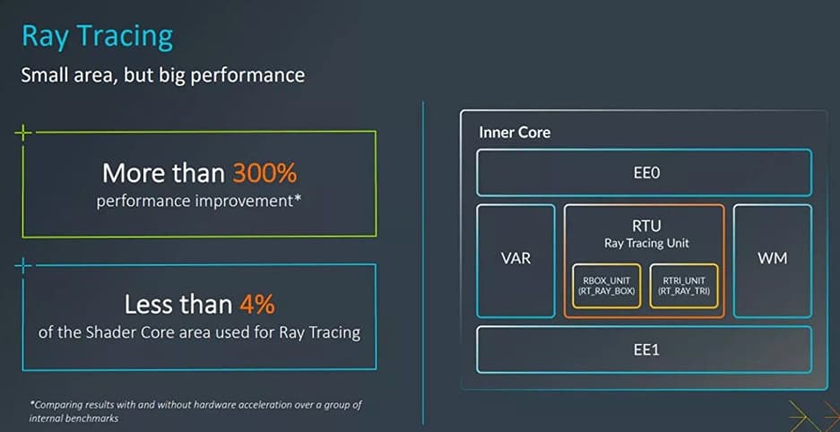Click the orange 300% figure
(264, 174)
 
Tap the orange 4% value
(257, 304)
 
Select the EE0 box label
(645, 173)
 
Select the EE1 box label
(645, 350)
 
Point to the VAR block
(515, 261)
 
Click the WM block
(773, 261)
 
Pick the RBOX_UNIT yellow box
(606, 286)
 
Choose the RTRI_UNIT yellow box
(684, 286)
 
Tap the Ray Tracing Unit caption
(646, 243)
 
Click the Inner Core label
(515, 133)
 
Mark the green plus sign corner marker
(23, 133)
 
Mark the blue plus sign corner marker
(23, 265)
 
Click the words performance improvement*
(199, 202)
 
